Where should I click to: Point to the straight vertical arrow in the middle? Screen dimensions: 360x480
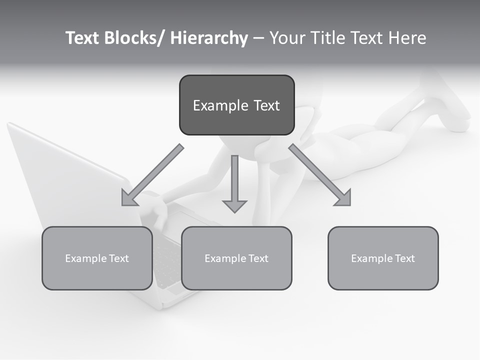234,182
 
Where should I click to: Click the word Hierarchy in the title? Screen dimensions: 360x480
209,38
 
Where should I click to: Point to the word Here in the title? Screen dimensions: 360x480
408,38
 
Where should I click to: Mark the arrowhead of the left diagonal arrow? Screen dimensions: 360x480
129,198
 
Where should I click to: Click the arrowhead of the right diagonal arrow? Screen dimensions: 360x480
344,198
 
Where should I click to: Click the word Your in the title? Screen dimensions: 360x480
284,38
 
